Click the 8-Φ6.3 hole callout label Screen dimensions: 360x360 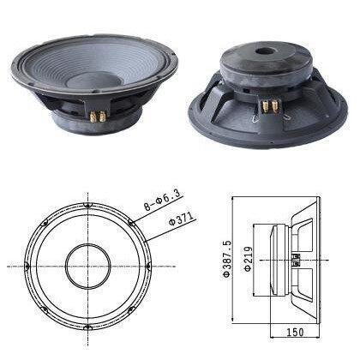tap(162, 201)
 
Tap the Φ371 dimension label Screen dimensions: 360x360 tap(181, 219)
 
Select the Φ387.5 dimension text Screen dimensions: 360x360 tap(226, 259)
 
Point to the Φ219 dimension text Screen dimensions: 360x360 tap(248, 259)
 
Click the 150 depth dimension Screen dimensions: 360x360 tap(295, 332)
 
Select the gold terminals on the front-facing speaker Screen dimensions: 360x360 tap(98, 116)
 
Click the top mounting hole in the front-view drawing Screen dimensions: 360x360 tap(87, 206)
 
